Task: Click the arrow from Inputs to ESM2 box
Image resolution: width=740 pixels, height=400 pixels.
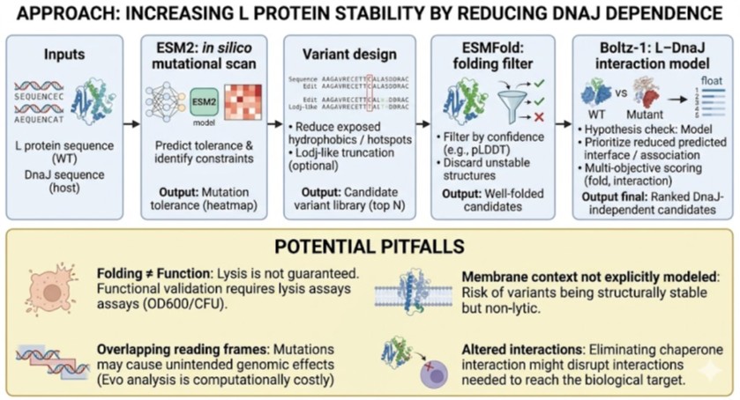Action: (128, 123)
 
